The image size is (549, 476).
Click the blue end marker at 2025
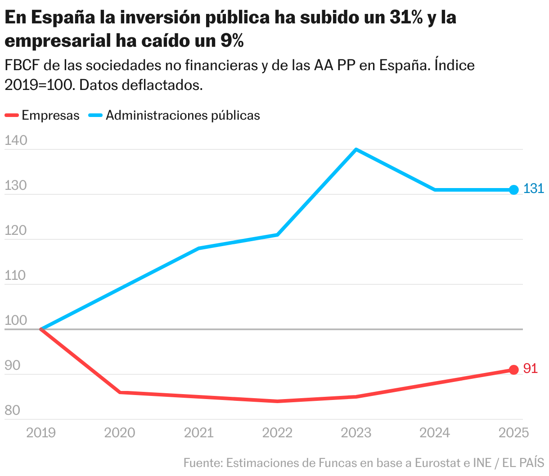513,190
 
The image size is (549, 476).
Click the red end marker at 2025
513,370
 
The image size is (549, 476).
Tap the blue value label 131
534,189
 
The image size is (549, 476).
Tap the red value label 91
531,368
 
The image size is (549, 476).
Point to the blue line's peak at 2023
356,149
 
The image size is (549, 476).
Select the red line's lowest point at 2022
277,401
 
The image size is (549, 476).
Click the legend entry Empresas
50,116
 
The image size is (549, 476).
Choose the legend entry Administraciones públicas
183,116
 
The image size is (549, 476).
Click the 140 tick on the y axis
16,141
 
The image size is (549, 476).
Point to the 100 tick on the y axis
16,321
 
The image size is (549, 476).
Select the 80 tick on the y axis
12,410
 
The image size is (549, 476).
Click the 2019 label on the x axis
41,433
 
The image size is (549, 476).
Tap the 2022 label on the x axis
277,433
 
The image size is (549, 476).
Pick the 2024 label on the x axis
435,433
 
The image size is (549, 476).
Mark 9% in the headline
232,41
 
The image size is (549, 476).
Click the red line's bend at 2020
120,392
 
